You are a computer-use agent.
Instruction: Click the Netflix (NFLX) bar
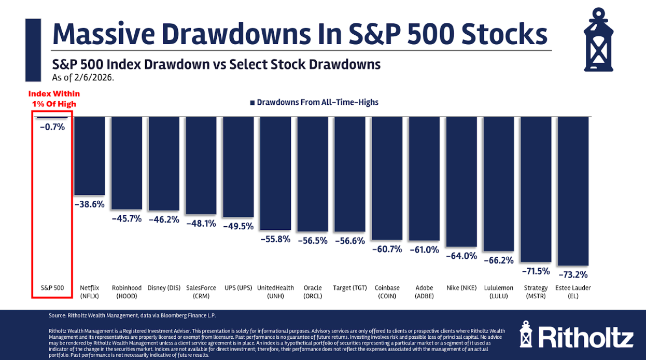pyautogui.click(x=90, y=156)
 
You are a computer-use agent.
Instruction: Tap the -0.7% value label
pyautogui.click(x=52, y=126)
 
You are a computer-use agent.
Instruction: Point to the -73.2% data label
pyautogui.click(x=573, y=274)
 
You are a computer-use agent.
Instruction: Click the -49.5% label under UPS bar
pyautogui.click(x=238, y=226)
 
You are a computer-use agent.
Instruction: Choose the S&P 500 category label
pyautogui.click(x=52, y=288)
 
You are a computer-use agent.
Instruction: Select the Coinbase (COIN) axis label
pyautogui.click(x=387, y=292)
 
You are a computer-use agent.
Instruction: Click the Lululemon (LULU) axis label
pyautogui.click(x=499, y=292)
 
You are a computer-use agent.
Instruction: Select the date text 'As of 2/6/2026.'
pyautogui.click(x=83, y=78)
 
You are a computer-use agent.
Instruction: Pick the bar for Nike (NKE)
pyautogui.click(x=461, y=182)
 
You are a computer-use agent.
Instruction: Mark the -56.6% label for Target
pyautogui.click(x=350, y=241)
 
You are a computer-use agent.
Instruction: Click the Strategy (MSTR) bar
pyautogui.click(x=536, y=189)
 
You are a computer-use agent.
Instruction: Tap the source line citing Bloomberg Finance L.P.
pyautogui.click(x=132, y=315)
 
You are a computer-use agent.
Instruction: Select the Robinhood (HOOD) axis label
pyautogui.click(x=127, y=292)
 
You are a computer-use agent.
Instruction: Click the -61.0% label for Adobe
pyautogui.click(x=424, y=250)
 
